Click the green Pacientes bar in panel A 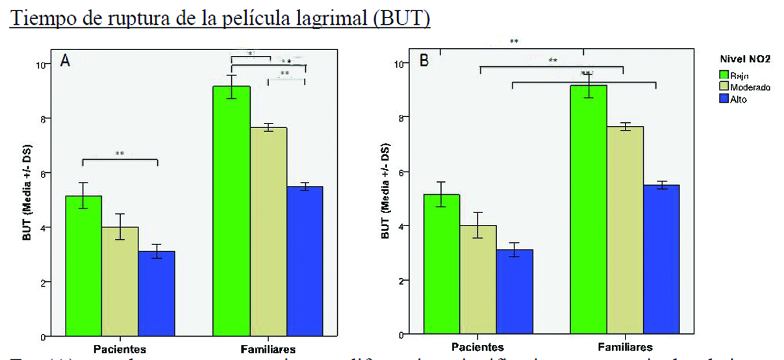point(83,266)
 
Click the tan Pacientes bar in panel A point(120,281)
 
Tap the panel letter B point(424,61)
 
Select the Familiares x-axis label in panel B point(626,346)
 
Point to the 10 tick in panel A point(40,64)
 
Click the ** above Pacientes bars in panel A point(120,154)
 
